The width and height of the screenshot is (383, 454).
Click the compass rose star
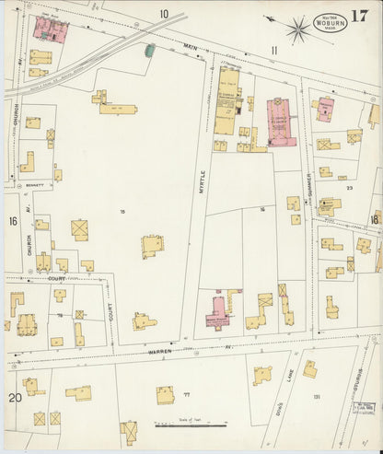coord(296,29)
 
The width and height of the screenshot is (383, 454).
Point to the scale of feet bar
coord(188,425)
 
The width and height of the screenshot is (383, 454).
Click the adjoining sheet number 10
coord(163,14)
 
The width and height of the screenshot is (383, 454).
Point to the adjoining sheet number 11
coord(273,50)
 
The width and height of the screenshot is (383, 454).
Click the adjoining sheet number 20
coord(15,397)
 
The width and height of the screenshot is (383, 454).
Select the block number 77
coord(187,393)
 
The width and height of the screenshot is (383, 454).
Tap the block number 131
coord(316,397)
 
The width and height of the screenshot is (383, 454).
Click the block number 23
coord(349,187)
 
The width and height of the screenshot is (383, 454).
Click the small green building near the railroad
coord(149,50)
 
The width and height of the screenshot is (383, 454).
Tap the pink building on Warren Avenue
coord(218,313)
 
